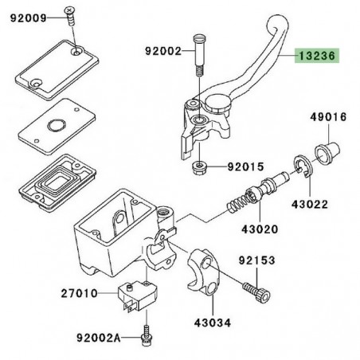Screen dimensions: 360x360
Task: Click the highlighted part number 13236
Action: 317,57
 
